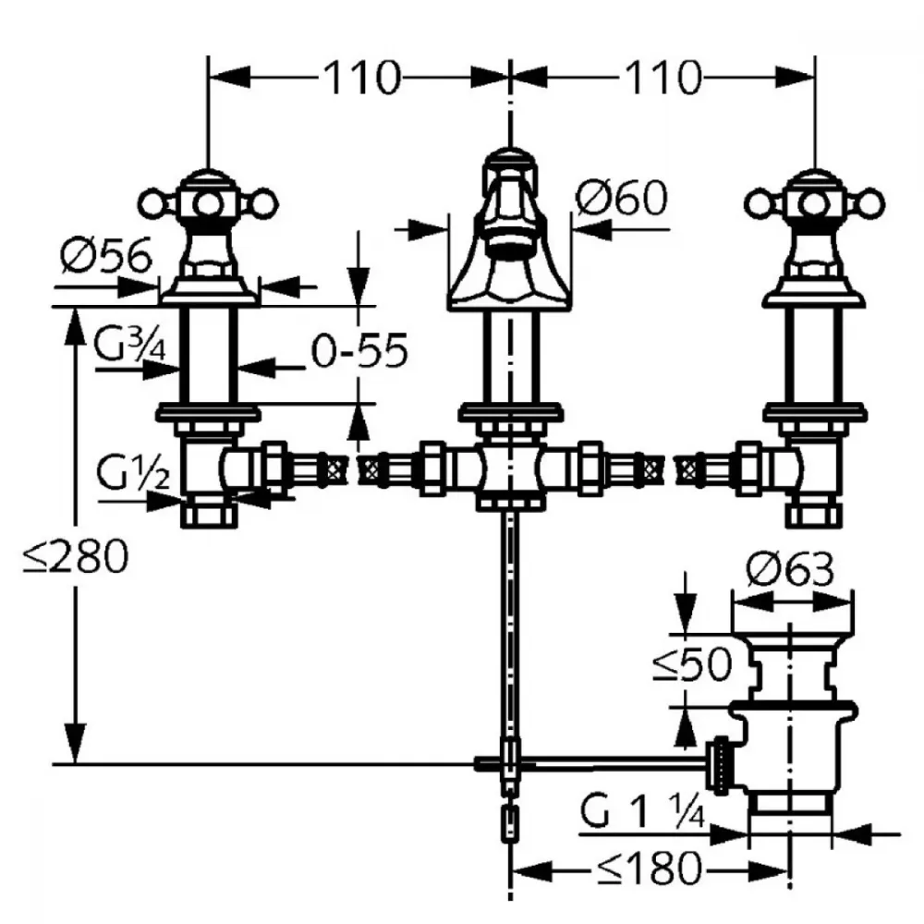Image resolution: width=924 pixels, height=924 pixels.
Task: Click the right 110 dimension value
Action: pyautogui.click(x=663, y=78)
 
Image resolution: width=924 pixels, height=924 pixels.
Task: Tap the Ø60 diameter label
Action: pyautogui.click(x=622, y=198)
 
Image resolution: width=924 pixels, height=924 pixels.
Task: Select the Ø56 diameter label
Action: pyautogui.click(x=106, y=255)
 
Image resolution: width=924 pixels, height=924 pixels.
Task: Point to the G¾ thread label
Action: pyautogui.click(x=129, y=345)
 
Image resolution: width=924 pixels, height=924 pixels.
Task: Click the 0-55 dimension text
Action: pyautogui.click(x=359, y=350)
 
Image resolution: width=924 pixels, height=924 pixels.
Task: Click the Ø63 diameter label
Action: pyautogui.click(x=790, y=569)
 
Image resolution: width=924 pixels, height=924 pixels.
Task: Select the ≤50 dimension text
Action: pyautogui.click(x=692, y=664)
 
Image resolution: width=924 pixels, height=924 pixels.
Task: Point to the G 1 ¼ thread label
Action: pyautogui.click(x=642, y=811)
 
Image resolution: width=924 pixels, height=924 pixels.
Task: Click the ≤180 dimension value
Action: pyautogui.click(x=650, y=868)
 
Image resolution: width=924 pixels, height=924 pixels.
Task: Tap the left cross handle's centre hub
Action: pyautogui.click(x=207, y=204)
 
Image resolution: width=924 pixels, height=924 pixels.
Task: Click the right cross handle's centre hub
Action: pyautogui.click(x=814, y=204)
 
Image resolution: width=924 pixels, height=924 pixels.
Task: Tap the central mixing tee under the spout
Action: pyautogui.click(x=510, y=470)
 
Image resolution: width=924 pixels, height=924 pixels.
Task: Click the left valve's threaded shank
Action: pyautogui.click(x=209, y=356)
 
